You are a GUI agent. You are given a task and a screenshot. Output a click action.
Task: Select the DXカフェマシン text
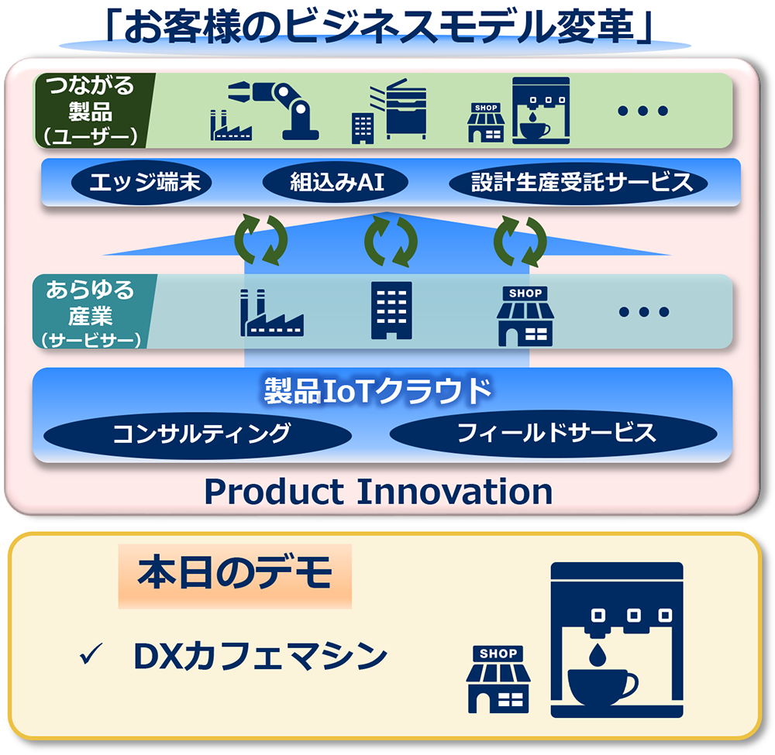pyautogui.click(x=260, y=657)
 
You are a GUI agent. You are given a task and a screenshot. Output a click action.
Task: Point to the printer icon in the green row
pyautogui.click(x=404, y=108)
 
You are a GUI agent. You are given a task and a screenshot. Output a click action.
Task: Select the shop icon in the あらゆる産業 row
pyautogui.click(x=525, y=316)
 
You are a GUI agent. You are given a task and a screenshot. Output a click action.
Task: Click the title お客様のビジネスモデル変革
pyautogui.click(x=379, y=27)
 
